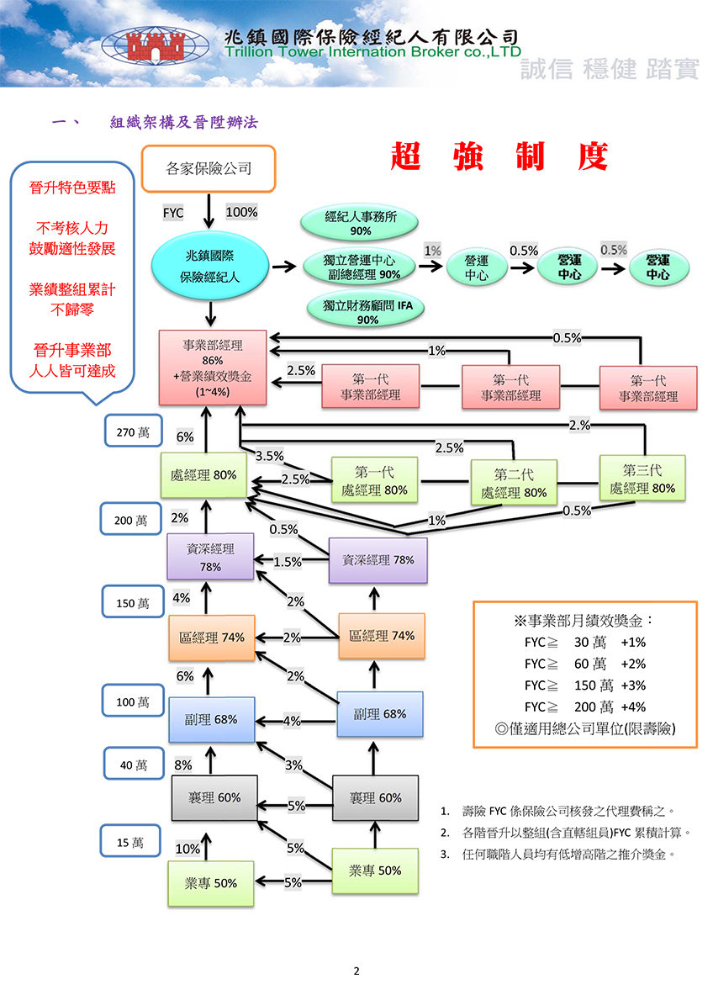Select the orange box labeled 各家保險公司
pos(208,169)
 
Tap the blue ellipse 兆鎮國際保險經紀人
pos(209,267)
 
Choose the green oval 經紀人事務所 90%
pos(360,223)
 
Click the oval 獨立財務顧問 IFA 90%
pos(367,310)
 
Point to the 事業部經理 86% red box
pos(213,368)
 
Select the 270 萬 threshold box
pos(133,431)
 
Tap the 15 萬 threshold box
pos(130,841)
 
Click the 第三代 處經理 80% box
pos(642,479)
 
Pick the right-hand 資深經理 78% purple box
pos(378,560)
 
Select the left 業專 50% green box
pos(210,883)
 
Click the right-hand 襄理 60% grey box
pos(375,797)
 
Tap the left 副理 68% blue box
pos(211,720)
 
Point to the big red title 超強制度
pos(499,156)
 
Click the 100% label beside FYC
pos(241,212)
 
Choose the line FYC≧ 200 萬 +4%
pos(584,707)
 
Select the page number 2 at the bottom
pos(356,971)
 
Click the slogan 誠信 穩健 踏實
pos(610,68)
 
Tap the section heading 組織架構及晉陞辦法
pos(184,122)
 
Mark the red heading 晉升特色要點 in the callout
pos(72,188)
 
